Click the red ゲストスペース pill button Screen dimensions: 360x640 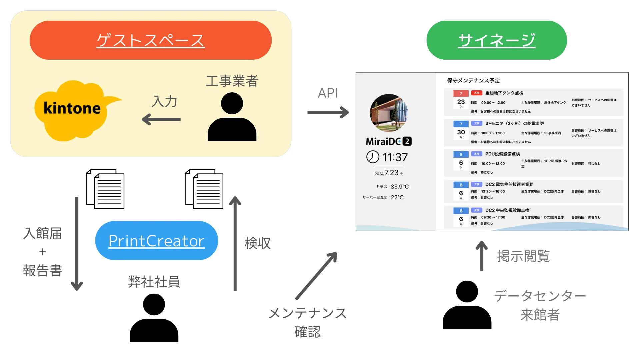[x=150, y=40]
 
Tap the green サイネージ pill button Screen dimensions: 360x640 [x=496, y=40]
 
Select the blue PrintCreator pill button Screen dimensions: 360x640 [x=156, y=240]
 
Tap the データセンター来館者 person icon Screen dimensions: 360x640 [x=467, y=305]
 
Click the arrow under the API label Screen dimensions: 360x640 [x=328, y=112]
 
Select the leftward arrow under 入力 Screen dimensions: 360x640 [x=161, y=119]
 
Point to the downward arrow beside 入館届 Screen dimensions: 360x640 [x=77, y=244]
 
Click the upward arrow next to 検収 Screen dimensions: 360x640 [x=235, y=243]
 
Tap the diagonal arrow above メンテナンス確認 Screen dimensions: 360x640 [x=316, y=276]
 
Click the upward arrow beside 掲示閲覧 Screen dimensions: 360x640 [x=481, y=256]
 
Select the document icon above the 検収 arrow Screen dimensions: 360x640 [x=204, y=189]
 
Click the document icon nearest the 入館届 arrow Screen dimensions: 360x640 [x=105, y=189]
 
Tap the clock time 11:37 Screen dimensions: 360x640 [x=395, y=157]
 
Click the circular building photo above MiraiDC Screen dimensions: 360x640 [x=389, y=113]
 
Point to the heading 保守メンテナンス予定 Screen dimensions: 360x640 [x=473, y=81]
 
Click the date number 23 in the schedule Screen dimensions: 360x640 [x=461, y=102]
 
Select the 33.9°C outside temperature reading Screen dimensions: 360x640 [x=399, y=187]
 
